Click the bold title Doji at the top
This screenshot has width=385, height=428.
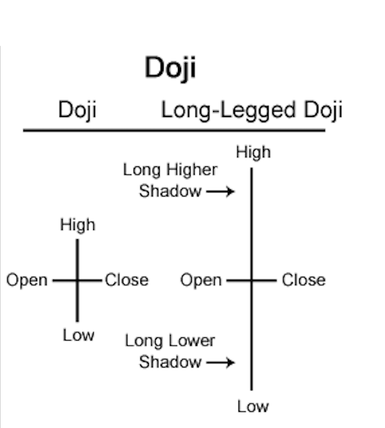[x=170, y=68]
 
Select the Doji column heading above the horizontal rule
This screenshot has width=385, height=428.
[x=77, y=110]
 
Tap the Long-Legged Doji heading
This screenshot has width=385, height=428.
[x=251, y=110]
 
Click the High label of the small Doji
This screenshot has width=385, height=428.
[x=77, y=224]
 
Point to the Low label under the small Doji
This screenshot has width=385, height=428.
[x=78, y=335]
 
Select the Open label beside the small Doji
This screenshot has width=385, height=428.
[x=26, y=280]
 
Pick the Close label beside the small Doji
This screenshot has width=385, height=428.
[x=127, y=280]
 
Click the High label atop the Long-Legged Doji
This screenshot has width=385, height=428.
[x=253, y=152]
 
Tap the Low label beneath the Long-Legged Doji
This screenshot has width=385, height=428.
[x=253, y=406]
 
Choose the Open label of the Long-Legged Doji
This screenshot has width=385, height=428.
[x=201, y=280]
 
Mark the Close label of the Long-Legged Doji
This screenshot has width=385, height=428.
[x=304, y=280]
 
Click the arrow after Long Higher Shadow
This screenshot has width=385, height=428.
[x=220, y=191]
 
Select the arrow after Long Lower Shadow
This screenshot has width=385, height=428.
[x=220, y=362]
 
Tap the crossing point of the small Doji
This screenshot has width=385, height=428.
[x=77, y=280]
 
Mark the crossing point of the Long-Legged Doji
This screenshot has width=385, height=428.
[x=251, y=280]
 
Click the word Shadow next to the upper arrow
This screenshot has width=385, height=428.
[x=170, y=191]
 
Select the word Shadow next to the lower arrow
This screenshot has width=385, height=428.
[x=170, y=362]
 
